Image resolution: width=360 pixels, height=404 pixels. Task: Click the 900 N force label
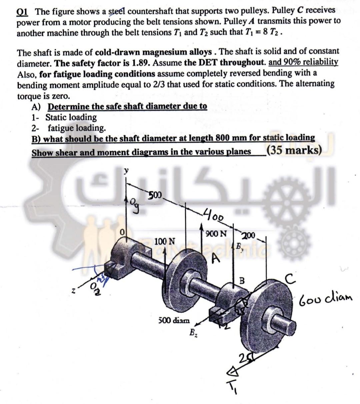[x=216, y=233]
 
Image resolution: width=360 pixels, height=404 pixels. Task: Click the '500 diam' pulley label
[x=173, y=320]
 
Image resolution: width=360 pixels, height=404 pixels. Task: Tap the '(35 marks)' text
[x=294, y=151]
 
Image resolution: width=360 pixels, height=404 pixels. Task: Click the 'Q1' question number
[x=23, y=12]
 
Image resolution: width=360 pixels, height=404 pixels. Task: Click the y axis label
[x=126, y=171]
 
